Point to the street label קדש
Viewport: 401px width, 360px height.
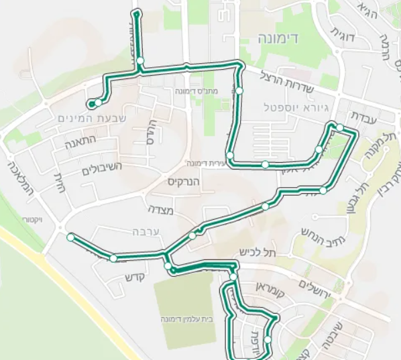(x=135, y=277)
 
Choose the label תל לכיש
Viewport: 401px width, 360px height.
(x=257, y=252)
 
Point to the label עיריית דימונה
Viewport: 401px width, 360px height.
(x=204, y=163)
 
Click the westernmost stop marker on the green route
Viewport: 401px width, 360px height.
(x=70, y=237)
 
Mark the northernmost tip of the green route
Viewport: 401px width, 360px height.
(x=137, y=12)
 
